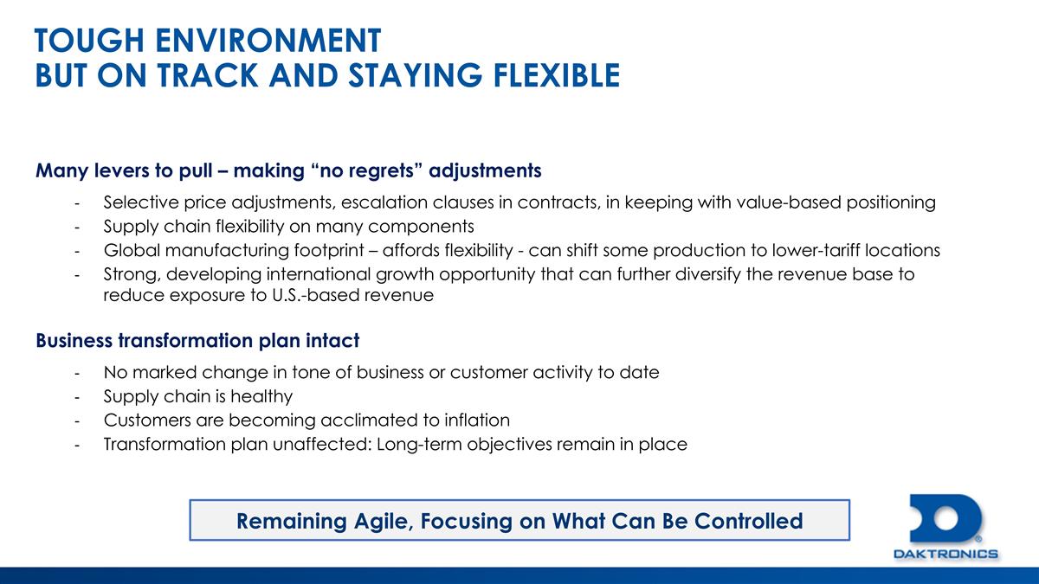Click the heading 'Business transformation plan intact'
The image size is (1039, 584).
tap(197, 341)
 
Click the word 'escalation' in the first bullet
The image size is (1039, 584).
tap(384, 203)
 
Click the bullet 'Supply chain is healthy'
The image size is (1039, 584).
tap(197, 397)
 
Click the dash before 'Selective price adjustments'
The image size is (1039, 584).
tap(78, 203)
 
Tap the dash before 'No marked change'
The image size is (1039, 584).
tap(78, 373)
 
